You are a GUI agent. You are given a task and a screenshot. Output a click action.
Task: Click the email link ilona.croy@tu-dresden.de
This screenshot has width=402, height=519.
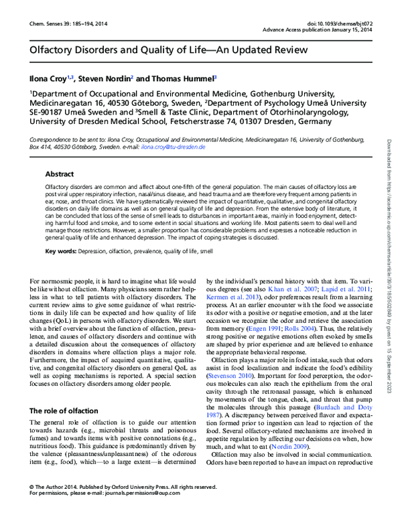[x=178, y=145]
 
